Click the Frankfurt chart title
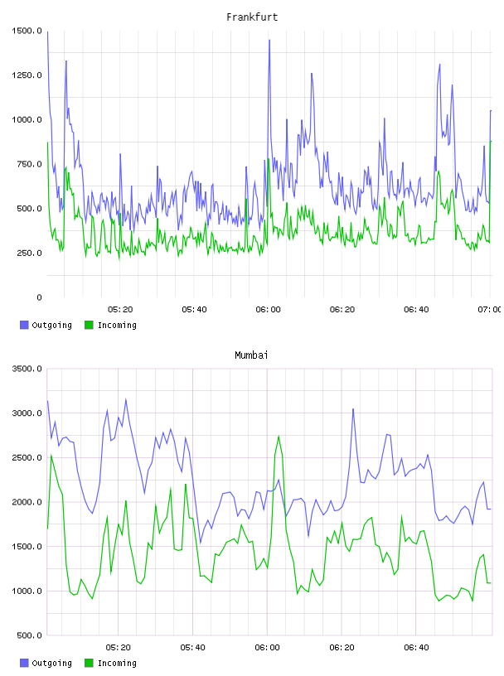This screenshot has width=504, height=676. coord(252,17)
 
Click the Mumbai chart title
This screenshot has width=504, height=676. coord(251,355)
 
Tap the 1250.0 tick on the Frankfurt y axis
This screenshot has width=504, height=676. coord(27,75)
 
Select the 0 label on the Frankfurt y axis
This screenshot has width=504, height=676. coord(39,297)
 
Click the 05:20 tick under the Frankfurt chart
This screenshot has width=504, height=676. coord(120,310)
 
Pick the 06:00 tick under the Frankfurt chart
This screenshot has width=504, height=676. coord(268,310)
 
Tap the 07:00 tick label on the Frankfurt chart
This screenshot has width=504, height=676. coord(490,310)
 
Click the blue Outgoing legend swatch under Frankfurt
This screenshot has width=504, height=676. coord(24,325)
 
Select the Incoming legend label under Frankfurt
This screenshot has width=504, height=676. coord(117,326)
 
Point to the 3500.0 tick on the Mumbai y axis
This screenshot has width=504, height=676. coord(27,369)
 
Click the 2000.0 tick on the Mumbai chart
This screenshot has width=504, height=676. coord(27,502)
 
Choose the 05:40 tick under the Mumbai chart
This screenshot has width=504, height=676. coord(192,648)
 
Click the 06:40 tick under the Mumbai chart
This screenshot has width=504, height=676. coord(416,648)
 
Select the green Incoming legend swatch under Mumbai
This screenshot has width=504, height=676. coord(89,663)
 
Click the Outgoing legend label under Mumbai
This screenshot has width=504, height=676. coord(51,664)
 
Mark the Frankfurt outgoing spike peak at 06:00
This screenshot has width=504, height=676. coord(269,40)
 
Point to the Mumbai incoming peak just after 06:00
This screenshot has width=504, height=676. coord(279,437)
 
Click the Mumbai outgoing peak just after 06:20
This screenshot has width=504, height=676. coord(353,409)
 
